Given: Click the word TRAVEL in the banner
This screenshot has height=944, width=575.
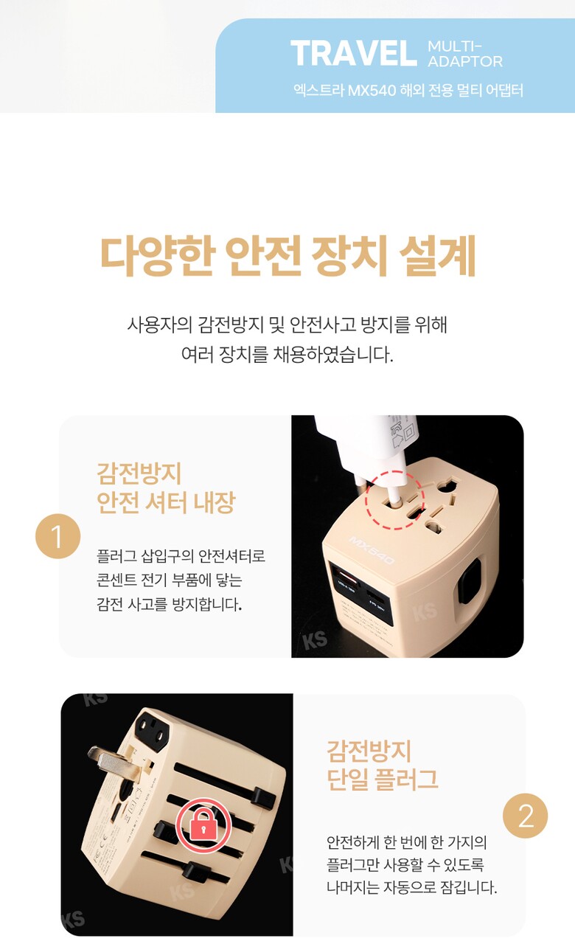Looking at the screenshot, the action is (x=353, y=53).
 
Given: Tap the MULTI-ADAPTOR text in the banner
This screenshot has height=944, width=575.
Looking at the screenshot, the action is (x=465, y=54).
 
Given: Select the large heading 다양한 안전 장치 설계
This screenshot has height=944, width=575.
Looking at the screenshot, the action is (x=288, y=256).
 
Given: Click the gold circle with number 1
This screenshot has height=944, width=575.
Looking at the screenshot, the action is (x=57, y=536).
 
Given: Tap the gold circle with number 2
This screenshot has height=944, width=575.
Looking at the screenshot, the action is (x=526, y=816).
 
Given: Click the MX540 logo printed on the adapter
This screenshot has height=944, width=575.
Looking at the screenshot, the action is (x=372, y=549).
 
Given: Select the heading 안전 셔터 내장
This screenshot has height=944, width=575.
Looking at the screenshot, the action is (x=166, y=502).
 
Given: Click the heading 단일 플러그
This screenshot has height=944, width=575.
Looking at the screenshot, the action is (x=383, y=778).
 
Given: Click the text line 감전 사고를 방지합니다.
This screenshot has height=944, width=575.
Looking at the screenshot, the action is (x=169, y=604).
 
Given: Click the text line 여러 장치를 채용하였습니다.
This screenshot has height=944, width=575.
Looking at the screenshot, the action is (x=287, y=355).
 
